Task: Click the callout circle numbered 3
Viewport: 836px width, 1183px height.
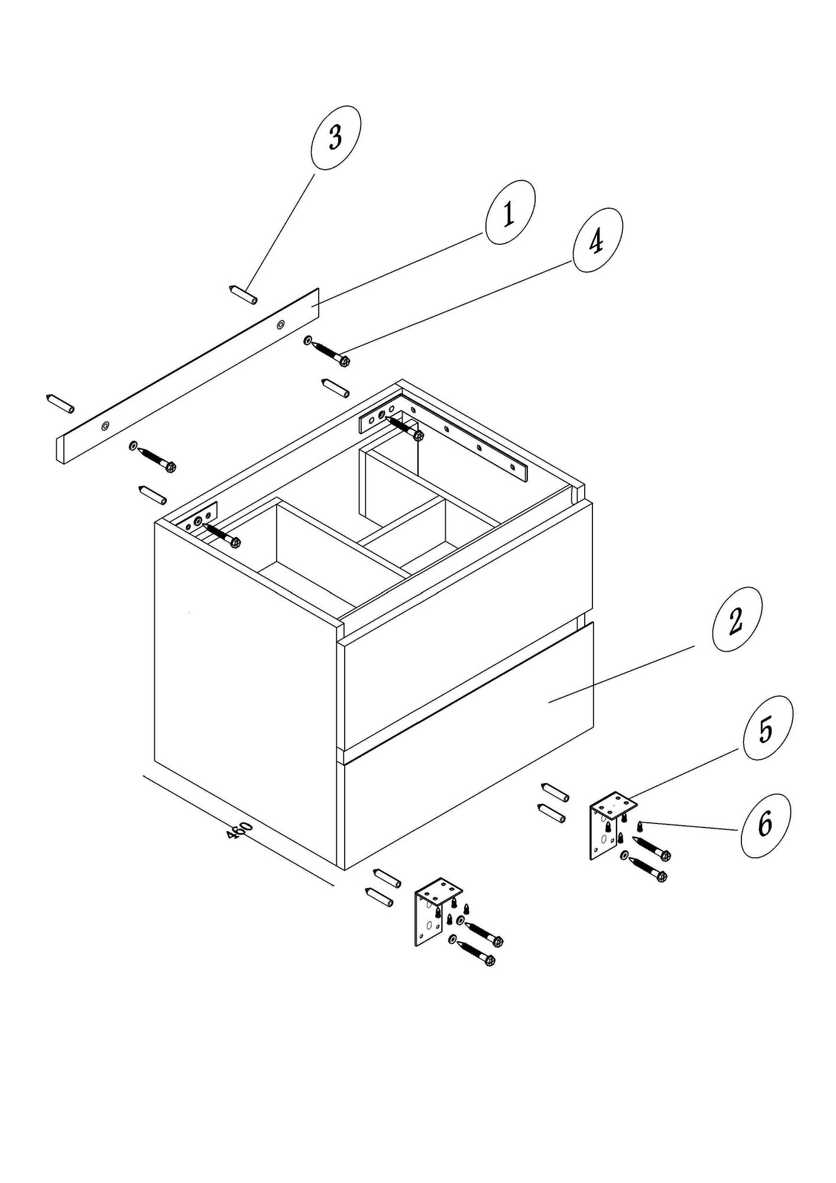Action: tap(336, 138)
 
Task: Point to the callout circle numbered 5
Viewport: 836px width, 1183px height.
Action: tap(768, 728)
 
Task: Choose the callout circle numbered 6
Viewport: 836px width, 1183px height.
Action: tap(765, 826)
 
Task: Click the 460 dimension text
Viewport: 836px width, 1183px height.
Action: tap(239, 830)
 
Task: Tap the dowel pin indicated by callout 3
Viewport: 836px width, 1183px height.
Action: tap(242, 295)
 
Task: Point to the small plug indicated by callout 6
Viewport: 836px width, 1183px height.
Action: tap(640, 825)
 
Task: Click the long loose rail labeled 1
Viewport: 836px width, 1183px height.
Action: tap(188, 376)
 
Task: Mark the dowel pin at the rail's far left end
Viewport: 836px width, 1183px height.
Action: tap(60, 404)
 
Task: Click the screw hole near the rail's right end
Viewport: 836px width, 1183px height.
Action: tap(281, 324)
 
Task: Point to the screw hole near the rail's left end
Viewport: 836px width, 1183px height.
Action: tap(105, 425)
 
